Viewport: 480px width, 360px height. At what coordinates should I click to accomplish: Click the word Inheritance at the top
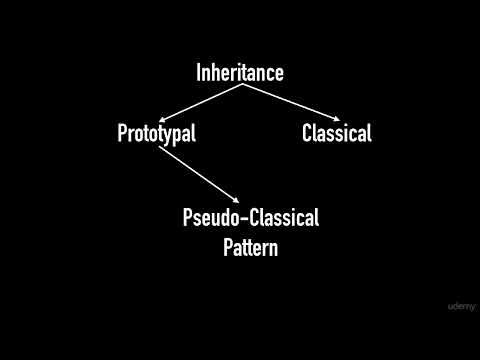pyautogui.click(x=240, y=73)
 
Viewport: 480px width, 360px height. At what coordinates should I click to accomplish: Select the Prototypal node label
pyautogui.click(x=156, y=133)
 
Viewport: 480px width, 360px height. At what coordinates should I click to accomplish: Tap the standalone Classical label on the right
pyautogui.click(x=336, y=133)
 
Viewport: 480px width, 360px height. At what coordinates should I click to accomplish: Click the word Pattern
pyautogui.click(x=250, y=247)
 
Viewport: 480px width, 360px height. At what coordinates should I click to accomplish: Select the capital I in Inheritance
pyautogui.click(x=198, y=73)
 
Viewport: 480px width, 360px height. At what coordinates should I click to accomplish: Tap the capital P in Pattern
pyautogui.click(x=227, y=247)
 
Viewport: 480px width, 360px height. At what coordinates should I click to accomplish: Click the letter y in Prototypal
pyautogui.click(x=170, y=135)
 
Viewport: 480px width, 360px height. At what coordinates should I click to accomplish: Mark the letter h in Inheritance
pyautogui.click(x=219, y=73)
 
